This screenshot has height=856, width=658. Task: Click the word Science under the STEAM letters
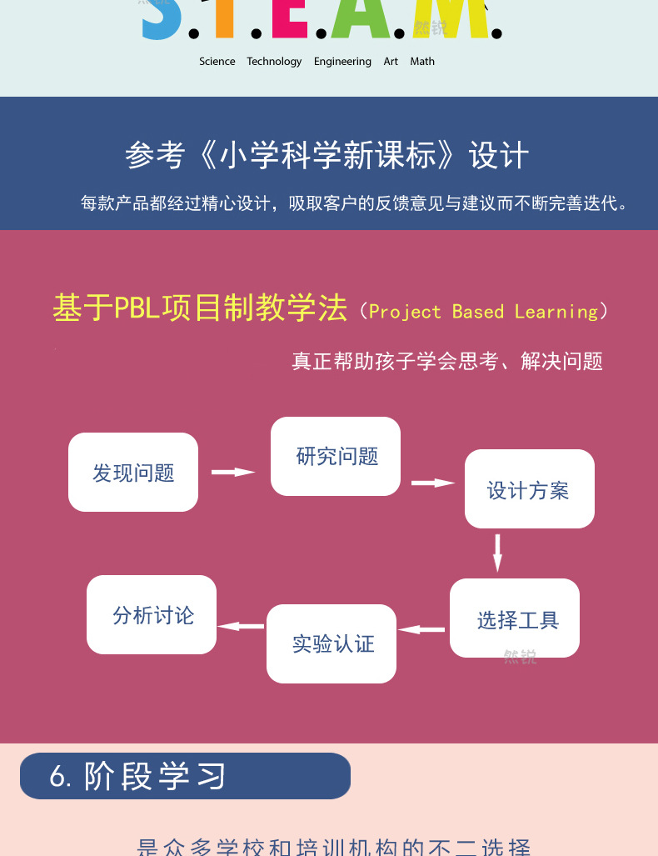tap(217, 62)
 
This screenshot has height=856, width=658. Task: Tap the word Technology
tap(274, 62)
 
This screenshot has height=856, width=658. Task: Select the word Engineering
tap(342, 62)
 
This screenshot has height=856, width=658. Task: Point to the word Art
tap(391, 62)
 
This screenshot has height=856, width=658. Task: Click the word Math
tap(422, 62)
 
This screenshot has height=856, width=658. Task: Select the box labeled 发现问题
tap(133, 472)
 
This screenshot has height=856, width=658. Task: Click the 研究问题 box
tap(336, 456)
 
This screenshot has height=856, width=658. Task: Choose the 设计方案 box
tap(529, 489)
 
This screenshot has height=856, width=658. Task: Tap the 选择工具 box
tap(515, 618)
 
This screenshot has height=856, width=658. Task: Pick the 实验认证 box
tap(331, 643)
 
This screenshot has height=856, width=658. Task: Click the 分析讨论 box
tap(152, 615)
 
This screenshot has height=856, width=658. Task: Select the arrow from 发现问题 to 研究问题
tap(233, 472)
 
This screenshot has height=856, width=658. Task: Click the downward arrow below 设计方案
tap(497, 553)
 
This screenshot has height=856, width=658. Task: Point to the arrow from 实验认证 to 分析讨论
tap(241, 626)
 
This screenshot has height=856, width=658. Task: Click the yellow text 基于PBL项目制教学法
tap(200, 308)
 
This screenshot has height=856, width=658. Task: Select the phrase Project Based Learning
tap(483, 312)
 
